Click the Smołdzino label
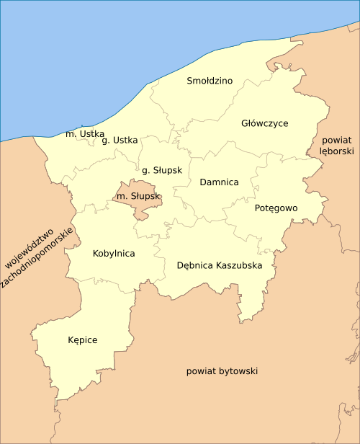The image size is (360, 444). tap(210, 81)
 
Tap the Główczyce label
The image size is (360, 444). tap(264, 123)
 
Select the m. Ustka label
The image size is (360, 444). tap(85, 134)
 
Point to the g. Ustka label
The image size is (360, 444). tap(120, 140)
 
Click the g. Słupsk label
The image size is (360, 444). tap(162, 170)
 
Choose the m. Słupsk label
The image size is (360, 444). tap(138, 196)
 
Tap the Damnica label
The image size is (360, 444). tap(219, 182)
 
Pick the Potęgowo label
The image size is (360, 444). tap(276, 208)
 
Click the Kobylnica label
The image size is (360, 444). tap(114, 253)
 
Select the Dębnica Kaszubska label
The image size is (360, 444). tap(220, 265)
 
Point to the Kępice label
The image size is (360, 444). tap(82, 339)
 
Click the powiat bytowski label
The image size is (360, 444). tap(222, 371)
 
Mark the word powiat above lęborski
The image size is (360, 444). tap(337, 140)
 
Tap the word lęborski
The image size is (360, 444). tap(337, 152)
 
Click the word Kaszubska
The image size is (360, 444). tap(238, 265)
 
